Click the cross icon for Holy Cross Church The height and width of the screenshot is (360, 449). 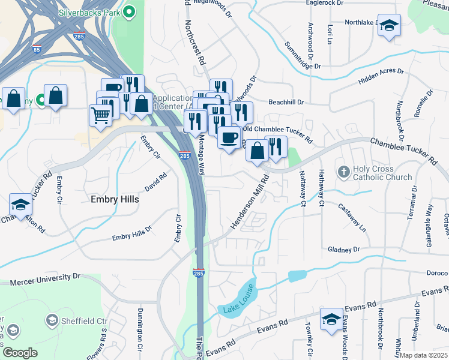(x=344, y=173)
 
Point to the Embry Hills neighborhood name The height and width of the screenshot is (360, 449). (x=114, y=199)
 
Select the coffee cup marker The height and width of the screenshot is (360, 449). (x=229, y=137)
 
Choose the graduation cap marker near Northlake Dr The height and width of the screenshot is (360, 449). (x=390, y=26)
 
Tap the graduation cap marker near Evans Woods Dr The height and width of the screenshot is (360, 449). (x=331, y=319)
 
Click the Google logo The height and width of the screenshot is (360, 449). (x=20, y=353)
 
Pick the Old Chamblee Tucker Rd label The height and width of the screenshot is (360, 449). (x=277, y=134)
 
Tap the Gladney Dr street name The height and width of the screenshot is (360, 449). (x=343, y=249)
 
